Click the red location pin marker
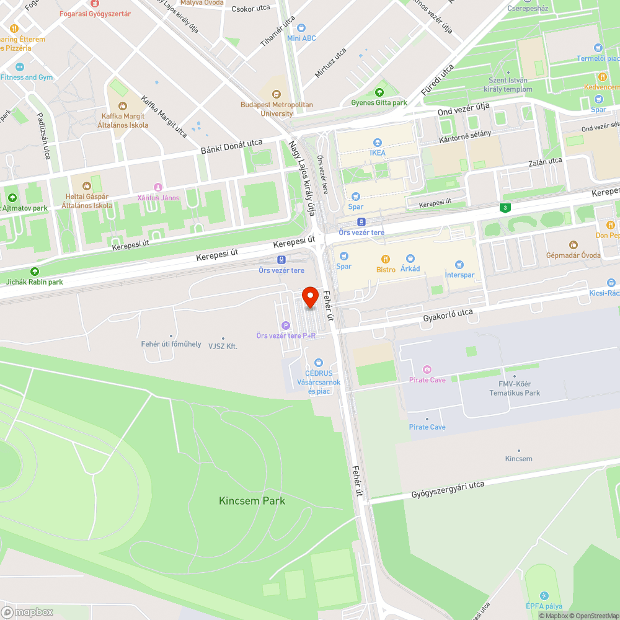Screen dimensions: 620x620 click(310, 298)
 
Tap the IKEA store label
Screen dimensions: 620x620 click(377, 153)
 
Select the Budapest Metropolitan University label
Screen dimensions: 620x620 click(277, 109)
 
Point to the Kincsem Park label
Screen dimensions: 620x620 click(252, 500)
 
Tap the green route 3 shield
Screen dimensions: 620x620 click(507, 208)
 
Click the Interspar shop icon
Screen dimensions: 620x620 click(459, 265)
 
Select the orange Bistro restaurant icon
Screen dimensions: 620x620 click(386, 259)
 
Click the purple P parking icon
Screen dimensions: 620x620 click(286, 325)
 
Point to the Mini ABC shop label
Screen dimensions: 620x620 click(301, 38)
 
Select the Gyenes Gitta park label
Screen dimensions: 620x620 click(379, 103)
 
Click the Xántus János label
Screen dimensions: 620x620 click(158, 198)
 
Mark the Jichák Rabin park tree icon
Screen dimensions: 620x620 click(35, 272)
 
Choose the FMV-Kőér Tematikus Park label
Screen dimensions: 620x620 click(514, 388)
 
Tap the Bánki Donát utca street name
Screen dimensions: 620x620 click(231, 147)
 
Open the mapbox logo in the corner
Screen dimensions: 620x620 click(27, 612)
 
